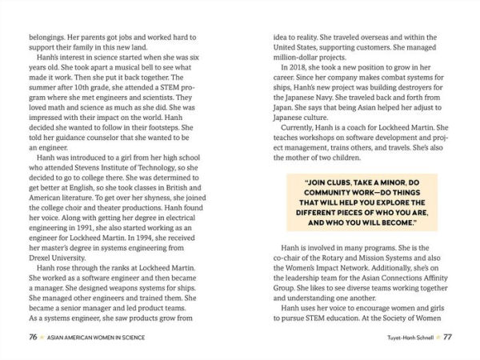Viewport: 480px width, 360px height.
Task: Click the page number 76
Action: pos(33,338)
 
